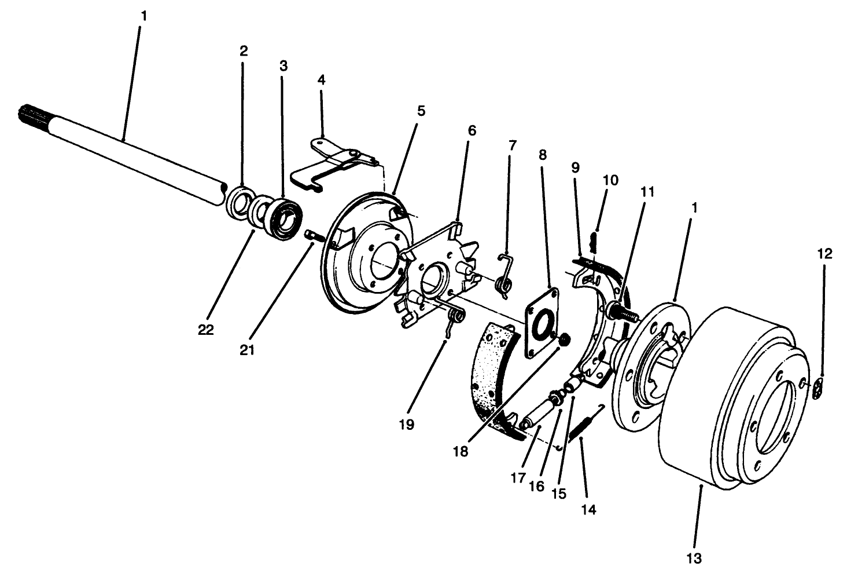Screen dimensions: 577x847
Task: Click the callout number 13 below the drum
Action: (694, 558)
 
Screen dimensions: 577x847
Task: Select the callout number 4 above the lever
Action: (321, 79)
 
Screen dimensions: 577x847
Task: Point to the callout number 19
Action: (406, 425)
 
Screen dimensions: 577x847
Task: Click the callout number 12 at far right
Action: (825, 253)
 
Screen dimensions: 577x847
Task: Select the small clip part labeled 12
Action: (816, 389)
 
